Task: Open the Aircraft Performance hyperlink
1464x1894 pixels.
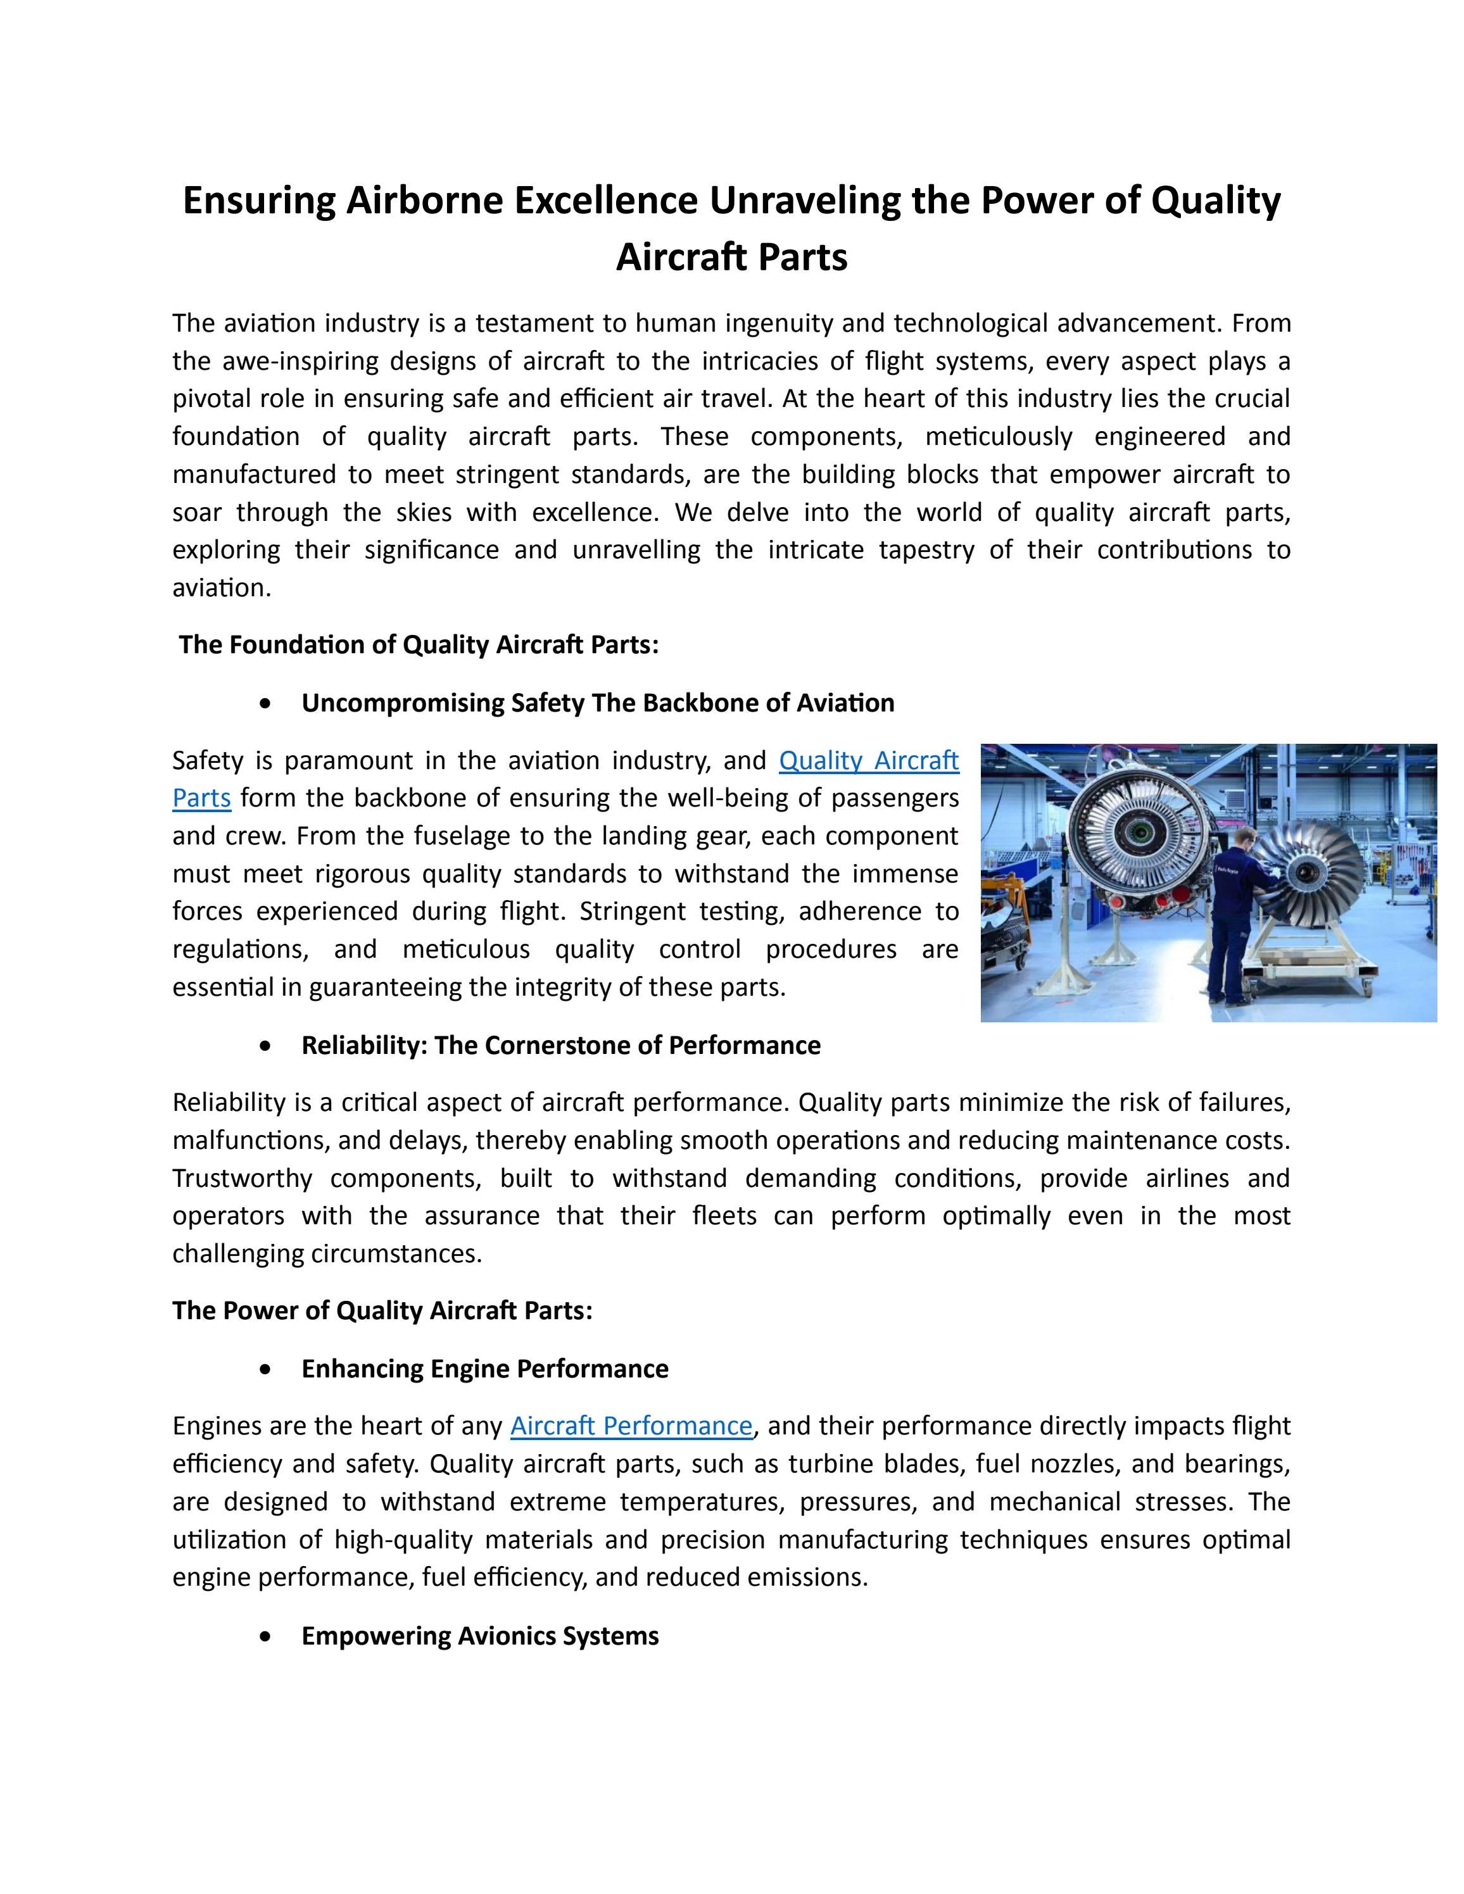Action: [x=631, y=1426]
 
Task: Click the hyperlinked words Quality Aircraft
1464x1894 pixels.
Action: [x=868, y=760]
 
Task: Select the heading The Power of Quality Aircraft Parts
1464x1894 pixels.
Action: [x=382, y=1310]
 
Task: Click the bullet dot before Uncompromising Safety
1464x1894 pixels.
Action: [x=265, y=703]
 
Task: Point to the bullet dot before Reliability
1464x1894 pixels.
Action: [x=265, y=1046]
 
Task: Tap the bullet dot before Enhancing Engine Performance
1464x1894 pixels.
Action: [x=265, y=1369]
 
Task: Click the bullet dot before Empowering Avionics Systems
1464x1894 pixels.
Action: [x=265, y=1636]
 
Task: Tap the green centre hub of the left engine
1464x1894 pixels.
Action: [x=1138, y=834]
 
